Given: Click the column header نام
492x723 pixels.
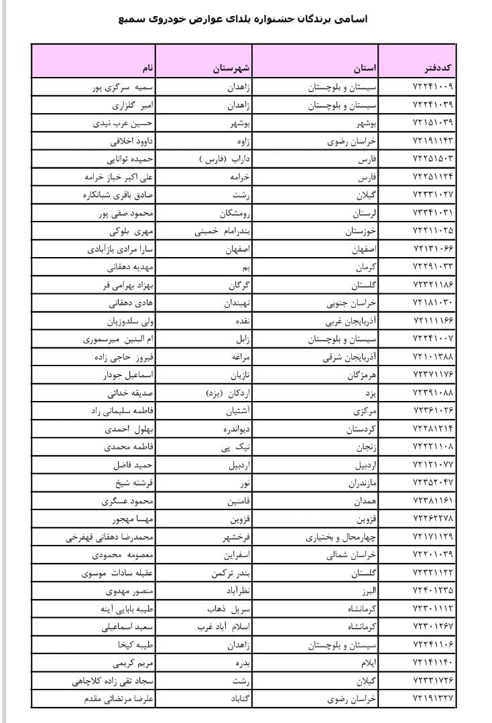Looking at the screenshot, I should tap(146, 68).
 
